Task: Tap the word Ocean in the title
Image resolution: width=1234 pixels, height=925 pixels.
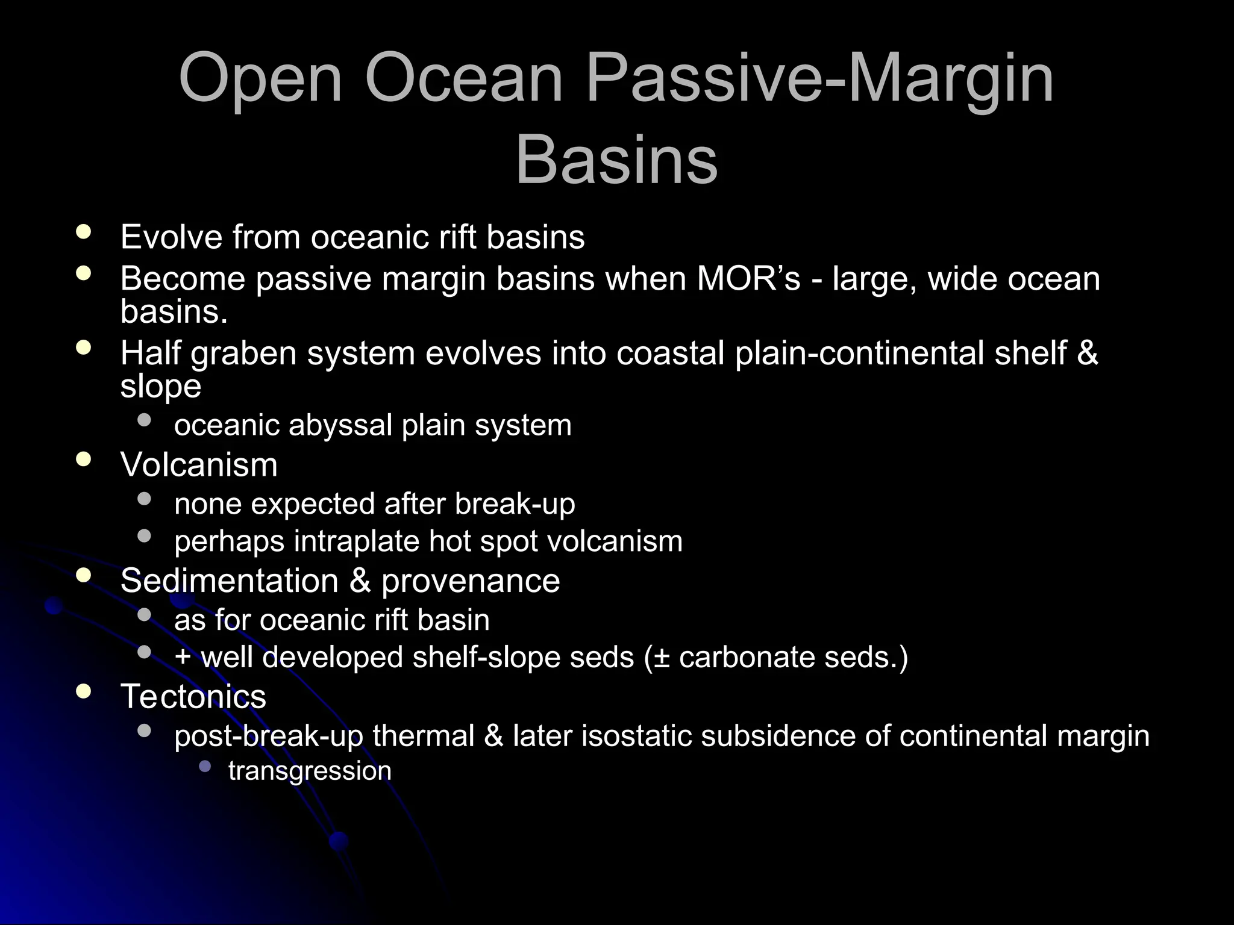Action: (463, 79)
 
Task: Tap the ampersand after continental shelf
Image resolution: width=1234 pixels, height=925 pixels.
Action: (1087, 353)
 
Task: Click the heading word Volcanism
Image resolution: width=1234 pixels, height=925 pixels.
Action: (199, 465)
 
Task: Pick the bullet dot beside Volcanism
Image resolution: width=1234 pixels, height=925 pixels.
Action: (84, 460)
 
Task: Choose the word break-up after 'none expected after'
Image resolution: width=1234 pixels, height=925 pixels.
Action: (515, 504)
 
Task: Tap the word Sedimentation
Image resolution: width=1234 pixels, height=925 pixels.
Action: (229, 581)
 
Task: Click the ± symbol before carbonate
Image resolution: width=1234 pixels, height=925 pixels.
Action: (665, 657)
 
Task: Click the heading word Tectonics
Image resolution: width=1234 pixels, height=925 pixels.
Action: (193, 697)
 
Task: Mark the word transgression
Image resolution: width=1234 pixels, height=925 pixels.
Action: (310, 771)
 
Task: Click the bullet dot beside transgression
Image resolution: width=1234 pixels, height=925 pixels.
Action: (205, 767)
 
